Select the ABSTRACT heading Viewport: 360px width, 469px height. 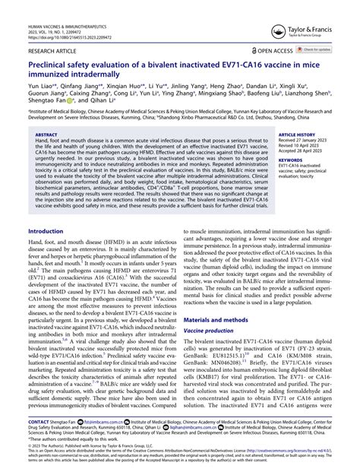pyautogui.click(x=46, y=135)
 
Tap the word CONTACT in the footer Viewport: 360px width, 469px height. pyautogui.click(x=38, y=421)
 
